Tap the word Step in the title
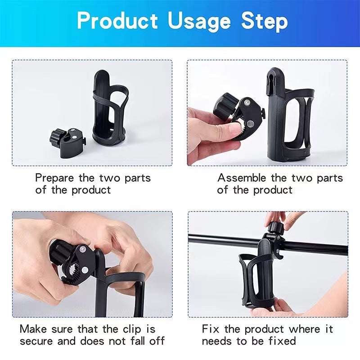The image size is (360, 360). pyautogui.click(x=264, y=21)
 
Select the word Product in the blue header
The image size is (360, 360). pyautogui.click(x=118, y=21)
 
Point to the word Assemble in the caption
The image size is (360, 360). pyautogui.click(x=242, y=178)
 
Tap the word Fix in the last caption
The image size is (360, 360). pyautogui.click(x=211, y=329)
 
